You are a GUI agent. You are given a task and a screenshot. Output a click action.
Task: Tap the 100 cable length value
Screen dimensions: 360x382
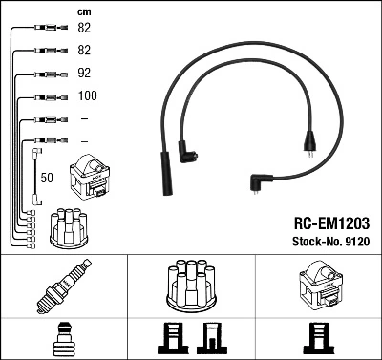tap(86, 96)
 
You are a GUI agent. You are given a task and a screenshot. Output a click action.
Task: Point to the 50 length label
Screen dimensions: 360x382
tap(48, 178)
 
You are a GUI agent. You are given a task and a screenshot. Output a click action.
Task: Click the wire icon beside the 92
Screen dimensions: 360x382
tap(48, 74)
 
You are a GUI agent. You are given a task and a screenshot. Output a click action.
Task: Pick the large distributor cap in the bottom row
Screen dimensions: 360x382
tap(190, 286)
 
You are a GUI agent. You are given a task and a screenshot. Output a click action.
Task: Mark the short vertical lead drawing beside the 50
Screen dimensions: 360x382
tap(36, 173)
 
